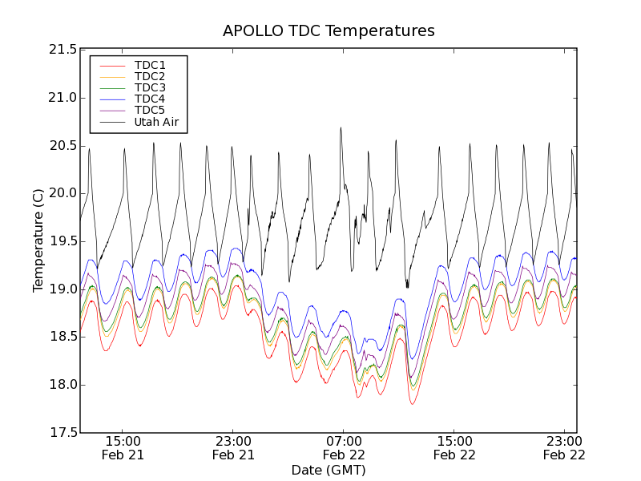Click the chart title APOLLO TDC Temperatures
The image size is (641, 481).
pos(329,31)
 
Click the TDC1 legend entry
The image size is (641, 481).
pos(150,65)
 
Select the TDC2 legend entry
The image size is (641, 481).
pos(150,76)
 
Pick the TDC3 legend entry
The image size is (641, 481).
pos(150,87)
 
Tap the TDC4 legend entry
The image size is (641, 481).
pos(150,99)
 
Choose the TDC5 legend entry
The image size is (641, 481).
pos(150,111)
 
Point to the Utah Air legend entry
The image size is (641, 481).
pos(156,123)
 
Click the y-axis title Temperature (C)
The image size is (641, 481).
pos(38,240)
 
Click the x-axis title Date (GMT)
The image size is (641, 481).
pos(329,470)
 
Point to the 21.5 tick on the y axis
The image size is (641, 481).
pos(62,50)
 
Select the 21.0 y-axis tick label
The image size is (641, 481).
pos(62,98)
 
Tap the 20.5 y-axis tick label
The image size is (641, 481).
pos(62,146)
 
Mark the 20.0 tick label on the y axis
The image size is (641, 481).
pos(62,193)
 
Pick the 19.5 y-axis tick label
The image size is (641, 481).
pos(62,241)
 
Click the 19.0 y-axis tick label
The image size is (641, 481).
pos(62,289)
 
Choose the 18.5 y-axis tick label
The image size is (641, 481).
pos(62,337)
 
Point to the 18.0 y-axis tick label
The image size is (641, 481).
pos(62,385)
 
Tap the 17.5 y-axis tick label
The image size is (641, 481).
pos(62,433)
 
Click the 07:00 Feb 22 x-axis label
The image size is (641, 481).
pos(344,447)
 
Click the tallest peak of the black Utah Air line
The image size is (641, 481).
pos(341,127)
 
